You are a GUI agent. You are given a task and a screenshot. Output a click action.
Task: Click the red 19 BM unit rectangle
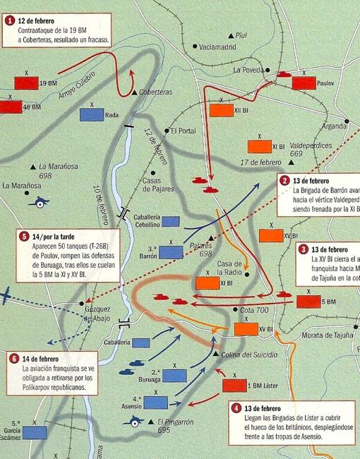coord(25,83)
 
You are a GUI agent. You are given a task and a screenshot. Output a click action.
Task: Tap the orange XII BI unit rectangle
coord(221,111)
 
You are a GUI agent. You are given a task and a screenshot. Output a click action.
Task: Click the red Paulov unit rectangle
coord(304,82)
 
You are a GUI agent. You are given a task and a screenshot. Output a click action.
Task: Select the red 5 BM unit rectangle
coord(308,302)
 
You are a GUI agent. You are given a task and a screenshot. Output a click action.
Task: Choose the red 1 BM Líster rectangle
coord(234,386)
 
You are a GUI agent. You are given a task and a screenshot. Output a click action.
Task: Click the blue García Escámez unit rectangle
coord(34,431)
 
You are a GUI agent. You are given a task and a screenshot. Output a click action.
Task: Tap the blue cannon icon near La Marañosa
coord(37,201)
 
